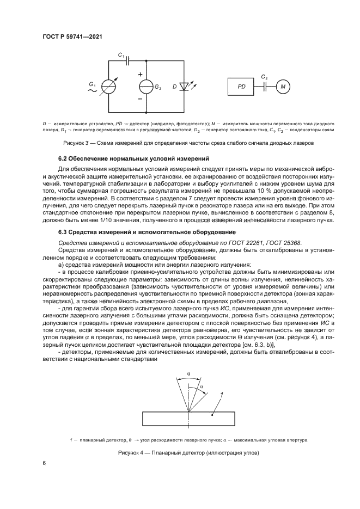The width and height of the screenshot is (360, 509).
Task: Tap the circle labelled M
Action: [283, 86]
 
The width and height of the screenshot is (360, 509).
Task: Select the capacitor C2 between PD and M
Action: [265, 86]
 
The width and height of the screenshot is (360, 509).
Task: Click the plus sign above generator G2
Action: [140, 75]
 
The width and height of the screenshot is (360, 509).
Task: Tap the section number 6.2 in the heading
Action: [64, 158]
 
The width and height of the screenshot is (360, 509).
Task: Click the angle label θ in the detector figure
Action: [188, 374]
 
